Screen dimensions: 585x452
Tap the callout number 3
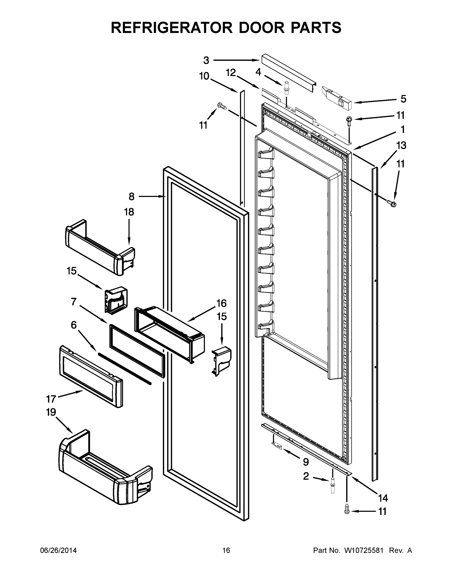tap(206, 60)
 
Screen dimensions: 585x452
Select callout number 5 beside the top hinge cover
tap(403, 99)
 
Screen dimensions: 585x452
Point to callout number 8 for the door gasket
tap(132, 197)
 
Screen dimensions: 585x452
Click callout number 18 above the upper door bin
tap(129, 212)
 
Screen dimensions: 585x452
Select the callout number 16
tap(221, 303)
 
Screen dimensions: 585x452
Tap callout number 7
tap(74, 302)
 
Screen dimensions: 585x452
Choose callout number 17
tap(51, 399)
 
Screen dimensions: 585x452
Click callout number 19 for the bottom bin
tap(51, 412)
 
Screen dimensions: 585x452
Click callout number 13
tap(401, 146)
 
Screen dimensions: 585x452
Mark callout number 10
tap(204, 76)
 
